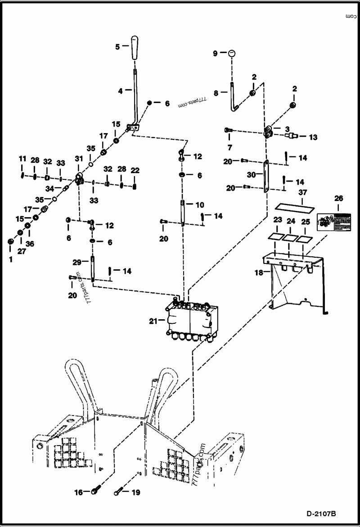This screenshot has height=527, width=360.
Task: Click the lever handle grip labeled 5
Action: click(x=135, y=47)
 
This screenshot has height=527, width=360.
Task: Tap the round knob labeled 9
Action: click(x=231, y=53)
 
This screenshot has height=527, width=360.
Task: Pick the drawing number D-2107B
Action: click(x=322, y=513)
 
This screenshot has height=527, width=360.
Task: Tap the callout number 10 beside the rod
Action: click(x=200, y=205)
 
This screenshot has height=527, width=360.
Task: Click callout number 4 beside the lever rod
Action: click(x=120, y=90)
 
